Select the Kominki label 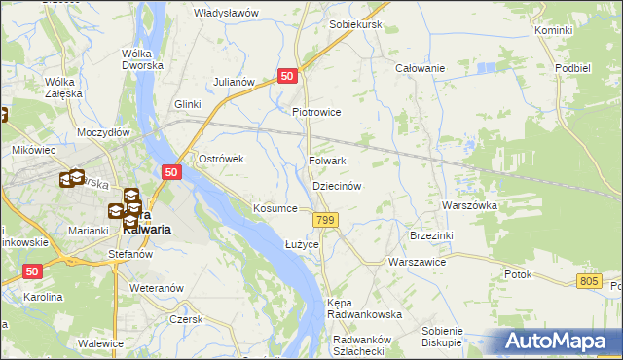[553, 31]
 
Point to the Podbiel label [572, 67]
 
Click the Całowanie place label [420, 68]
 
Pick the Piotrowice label [316, 112]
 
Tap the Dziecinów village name [337, 185]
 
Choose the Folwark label [327, 161]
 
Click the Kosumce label [275, 208]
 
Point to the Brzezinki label [431, 235]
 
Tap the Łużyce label [302, 243]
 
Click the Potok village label [518, 274]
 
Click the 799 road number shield [326, 222]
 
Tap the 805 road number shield [587, 281]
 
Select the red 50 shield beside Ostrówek [171, 172]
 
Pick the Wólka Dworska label [140, 61]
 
